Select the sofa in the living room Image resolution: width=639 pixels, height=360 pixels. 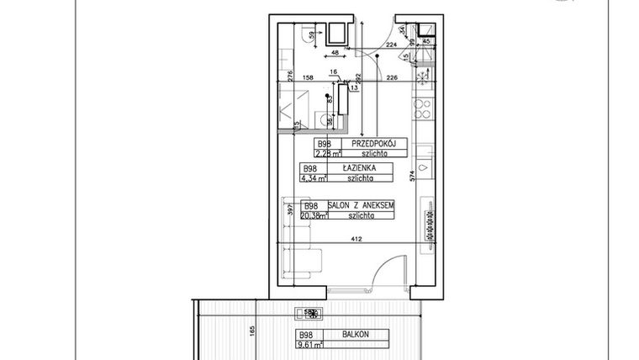304,262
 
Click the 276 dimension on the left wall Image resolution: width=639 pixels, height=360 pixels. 288,78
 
